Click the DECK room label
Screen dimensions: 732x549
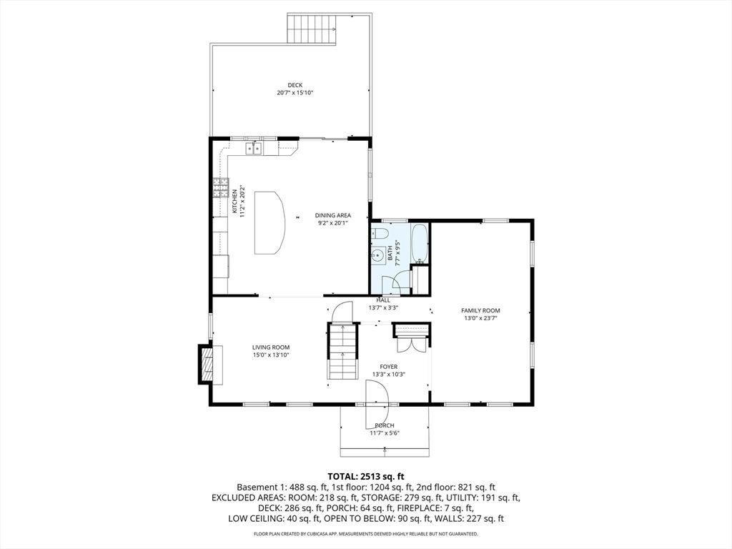tap(295, 85)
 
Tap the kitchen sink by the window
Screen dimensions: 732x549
tap(254, 149)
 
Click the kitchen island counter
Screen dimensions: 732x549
tap(269, 222)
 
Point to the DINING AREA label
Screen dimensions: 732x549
tap(333, 215)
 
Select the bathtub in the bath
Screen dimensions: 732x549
tap(419, 243)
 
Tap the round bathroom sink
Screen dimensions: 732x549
tap(377, 255)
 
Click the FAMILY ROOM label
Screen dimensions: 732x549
tap(480, 310)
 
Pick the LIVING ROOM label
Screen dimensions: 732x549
tap(271, 347)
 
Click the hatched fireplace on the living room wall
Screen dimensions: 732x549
tap(207, 364)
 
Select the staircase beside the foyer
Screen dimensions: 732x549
tap(342, 351)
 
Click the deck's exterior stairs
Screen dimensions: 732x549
tap(312, 29)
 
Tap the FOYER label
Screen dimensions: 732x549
tap(388, 367)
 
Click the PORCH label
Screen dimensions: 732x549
tap(384, 425)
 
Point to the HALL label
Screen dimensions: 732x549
tap(383, 300)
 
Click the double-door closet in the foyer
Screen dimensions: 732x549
tap(411, 338)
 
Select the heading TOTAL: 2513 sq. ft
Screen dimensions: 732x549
tap(366, 477)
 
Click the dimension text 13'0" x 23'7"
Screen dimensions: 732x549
tap(480, 318)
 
